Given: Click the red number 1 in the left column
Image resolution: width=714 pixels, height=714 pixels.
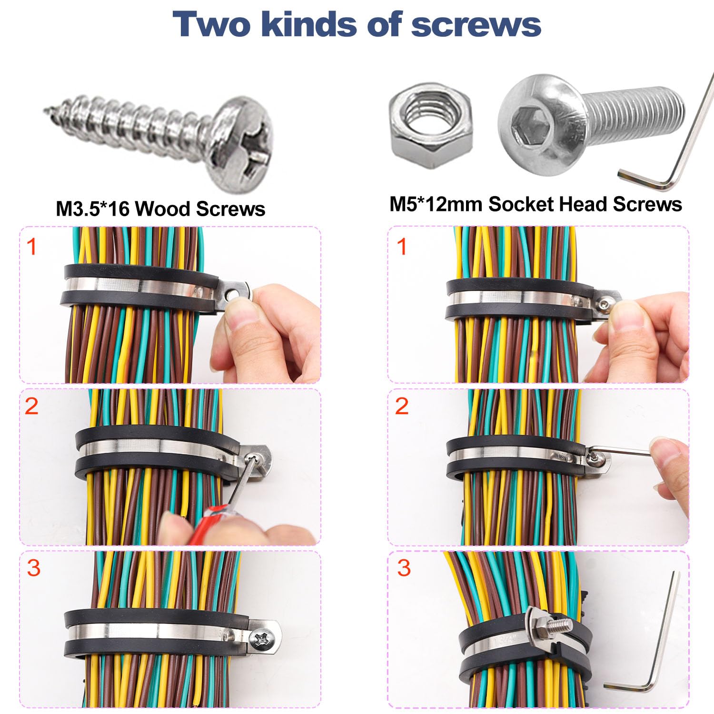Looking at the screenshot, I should pos(31,247).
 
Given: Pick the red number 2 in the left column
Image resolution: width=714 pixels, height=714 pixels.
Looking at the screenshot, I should pos(31,406).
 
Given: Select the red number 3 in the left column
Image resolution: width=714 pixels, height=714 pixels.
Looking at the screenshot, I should pos(33,568).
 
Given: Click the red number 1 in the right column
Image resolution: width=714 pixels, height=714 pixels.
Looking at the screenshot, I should pos(402,247).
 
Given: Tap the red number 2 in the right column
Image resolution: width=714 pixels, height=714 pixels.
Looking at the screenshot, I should pos(402,406).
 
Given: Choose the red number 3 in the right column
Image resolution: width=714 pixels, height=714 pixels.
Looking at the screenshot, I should pos(404,568).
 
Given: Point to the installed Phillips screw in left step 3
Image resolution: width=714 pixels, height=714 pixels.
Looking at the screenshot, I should pos(263,637).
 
